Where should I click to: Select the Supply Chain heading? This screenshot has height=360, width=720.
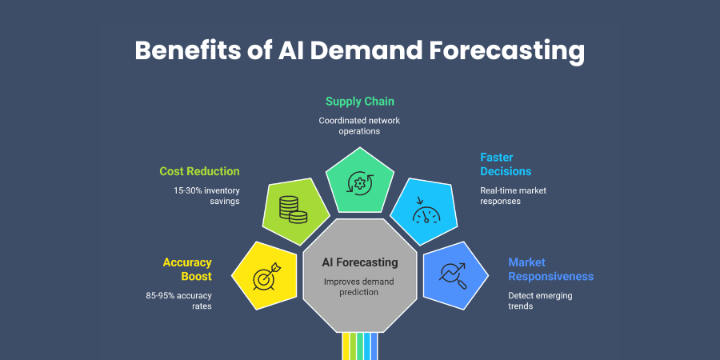(359, 102)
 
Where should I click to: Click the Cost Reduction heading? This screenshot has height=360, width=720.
(199, 171)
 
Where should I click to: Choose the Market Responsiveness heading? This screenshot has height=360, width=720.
(550, 269)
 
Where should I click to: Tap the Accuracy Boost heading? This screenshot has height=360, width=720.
(187, 269)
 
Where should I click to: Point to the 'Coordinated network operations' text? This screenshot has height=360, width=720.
(359, 125)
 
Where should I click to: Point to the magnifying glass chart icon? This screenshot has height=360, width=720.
(453, 276)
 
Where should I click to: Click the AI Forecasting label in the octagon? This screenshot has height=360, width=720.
(359, 262)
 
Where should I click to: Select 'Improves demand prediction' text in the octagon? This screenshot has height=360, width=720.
(359, 286)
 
